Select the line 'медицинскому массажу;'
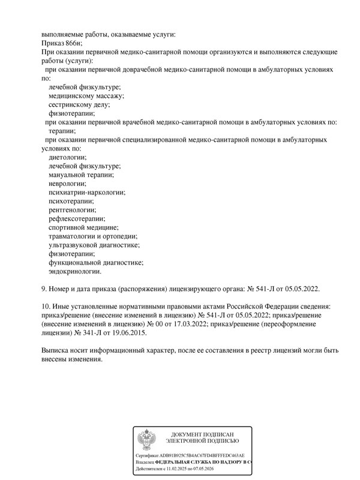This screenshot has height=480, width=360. [x=86, y=95]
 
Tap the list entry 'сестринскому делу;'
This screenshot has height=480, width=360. [x=79, y=104]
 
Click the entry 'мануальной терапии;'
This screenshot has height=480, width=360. [x=80, y=174]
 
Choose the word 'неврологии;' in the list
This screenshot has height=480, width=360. [x=67, y=183]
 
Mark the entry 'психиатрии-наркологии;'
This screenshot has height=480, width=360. [x=87, y=192]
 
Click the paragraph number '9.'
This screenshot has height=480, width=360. [x=44, y=289]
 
